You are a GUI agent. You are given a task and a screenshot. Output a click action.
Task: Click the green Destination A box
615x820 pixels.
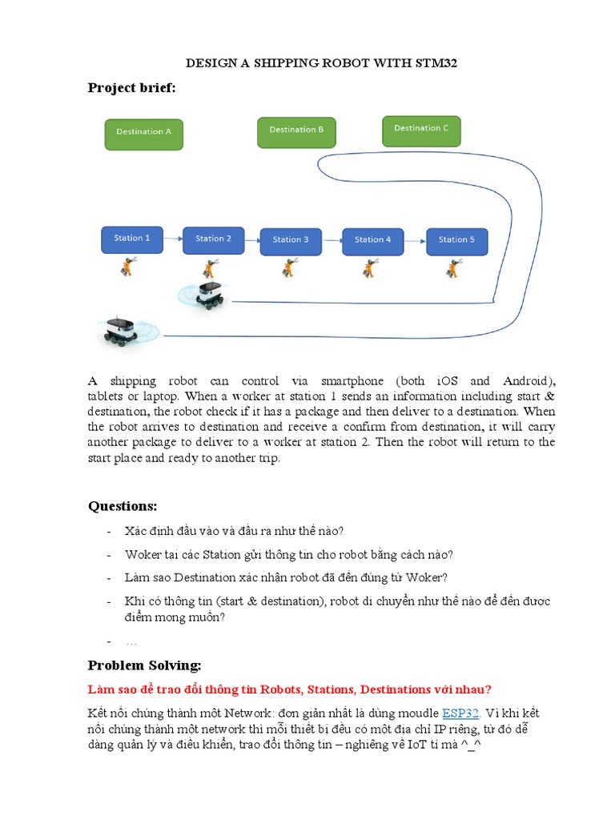(144, 133)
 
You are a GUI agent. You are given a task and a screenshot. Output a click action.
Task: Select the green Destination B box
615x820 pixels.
(296, 131)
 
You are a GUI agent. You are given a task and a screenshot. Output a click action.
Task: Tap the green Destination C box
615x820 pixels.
(421, 131)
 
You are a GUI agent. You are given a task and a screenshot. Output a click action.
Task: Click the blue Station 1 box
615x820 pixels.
(132, 239)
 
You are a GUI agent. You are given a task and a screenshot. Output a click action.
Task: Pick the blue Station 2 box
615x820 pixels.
(213, 239)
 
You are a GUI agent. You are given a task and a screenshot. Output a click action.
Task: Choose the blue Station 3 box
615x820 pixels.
(291, 239)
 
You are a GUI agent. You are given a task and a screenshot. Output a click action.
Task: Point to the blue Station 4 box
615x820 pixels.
(372, 239)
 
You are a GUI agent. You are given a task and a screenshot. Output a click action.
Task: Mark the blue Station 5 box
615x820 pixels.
(456, 239)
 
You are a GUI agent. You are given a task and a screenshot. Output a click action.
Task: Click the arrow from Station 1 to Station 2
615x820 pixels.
(173, 239)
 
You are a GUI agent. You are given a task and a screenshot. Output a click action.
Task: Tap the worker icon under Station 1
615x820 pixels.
(128, 267)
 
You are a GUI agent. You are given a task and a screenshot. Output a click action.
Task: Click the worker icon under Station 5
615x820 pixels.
(453, 268)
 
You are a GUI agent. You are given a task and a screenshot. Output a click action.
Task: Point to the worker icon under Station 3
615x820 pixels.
(289, 268)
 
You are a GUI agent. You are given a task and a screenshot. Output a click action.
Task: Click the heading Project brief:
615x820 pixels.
(131, 88)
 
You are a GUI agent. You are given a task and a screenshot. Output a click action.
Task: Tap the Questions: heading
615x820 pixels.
(123, 506)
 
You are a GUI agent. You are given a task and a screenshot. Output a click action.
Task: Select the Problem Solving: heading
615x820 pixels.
(144, 665)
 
